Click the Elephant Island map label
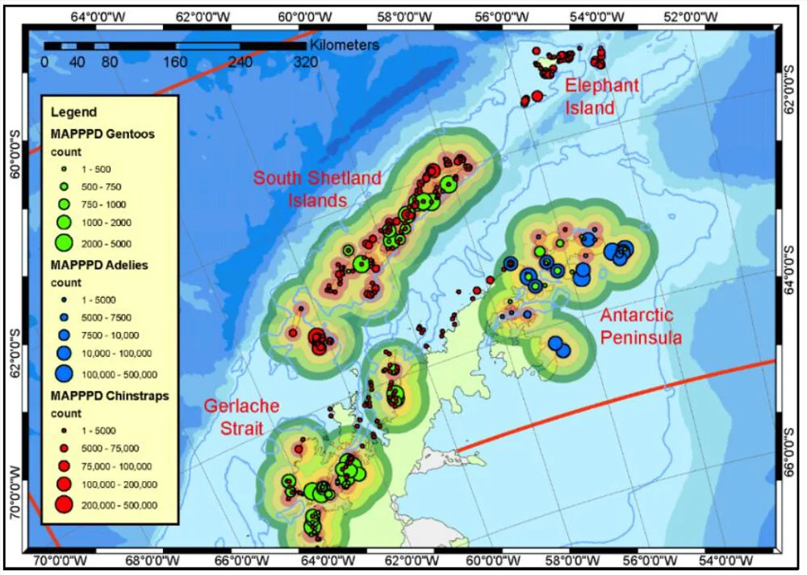point(601,96)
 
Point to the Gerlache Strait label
point(241,417)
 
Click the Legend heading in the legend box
point(73,112)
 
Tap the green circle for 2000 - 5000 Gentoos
point(65,242)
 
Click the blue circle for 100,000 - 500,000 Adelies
point(65,373)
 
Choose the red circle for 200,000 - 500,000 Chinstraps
point(65,505)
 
